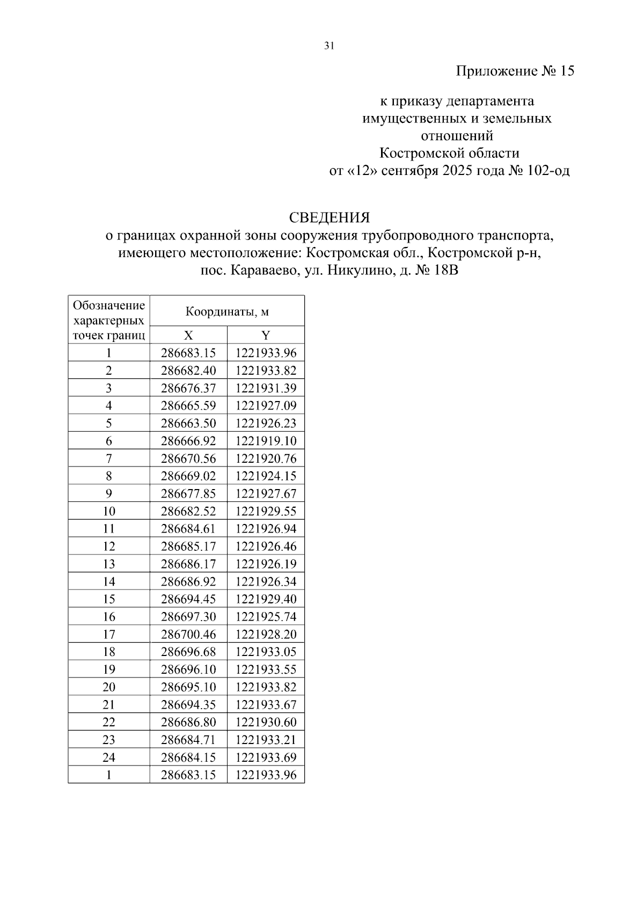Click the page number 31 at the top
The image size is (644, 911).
pos(330,46)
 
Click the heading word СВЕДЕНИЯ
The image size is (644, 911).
pos(330,218)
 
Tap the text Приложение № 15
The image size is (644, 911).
pos(515,71)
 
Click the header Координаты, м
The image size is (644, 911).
pos(227,311)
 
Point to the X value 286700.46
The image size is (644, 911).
pos(188,635)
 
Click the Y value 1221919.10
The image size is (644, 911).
pos(266,441)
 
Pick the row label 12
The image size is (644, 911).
pos(109,546)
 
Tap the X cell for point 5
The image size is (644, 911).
pos(188,424)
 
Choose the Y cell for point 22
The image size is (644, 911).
pos(266,722)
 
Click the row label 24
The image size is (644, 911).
pos(109,757)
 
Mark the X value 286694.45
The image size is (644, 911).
pos(188,599)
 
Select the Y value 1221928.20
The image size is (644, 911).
pos(266,635)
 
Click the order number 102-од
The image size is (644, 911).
pos(548,171)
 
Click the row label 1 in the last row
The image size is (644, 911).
pos(109,775)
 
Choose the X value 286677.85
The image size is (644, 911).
pos(188,494)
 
